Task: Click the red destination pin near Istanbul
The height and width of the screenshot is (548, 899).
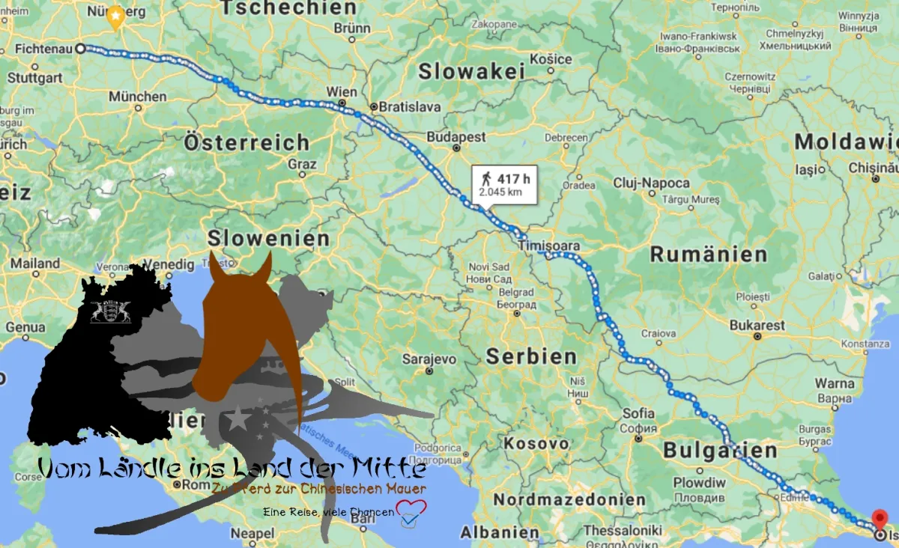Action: point(881,518)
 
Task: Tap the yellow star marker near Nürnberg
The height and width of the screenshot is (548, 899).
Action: point(115,16)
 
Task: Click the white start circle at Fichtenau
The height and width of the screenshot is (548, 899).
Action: point(80,48)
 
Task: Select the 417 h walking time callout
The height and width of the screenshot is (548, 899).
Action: point(504,183)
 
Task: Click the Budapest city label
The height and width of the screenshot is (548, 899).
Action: point(456,137)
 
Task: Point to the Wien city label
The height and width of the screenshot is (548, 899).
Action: point(342,92)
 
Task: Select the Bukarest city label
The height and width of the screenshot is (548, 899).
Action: point(757,326)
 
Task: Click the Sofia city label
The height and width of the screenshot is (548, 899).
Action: point(638,413)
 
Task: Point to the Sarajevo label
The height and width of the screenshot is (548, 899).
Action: point(429,359)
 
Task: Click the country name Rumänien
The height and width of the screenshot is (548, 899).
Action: point(708,255)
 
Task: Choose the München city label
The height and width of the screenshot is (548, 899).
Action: point(138,97)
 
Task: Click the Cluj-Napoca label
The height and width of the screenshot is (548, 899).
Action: point(651,183)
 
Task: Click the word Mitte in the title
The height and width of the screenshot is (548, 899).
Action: point(389,469)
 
